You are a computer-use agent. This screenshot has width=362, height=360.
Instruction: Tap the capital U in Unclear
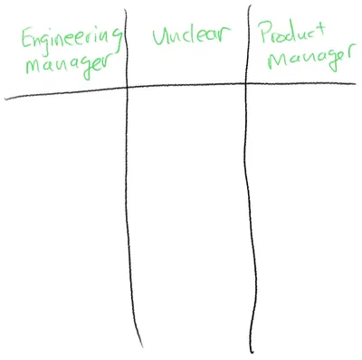pos(160,38)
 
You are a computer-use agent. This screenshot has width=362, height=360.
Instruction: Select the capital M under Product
pos(270,63)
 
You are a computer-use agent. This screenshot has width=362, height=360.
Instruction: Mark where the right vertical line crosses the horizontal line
pos(247,86)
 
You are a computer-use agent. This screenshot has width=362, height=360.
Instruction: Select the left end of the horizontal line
pos(6,95)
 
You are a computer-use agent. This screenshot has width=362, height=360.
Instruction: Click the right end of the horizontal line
pos(355,84)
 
